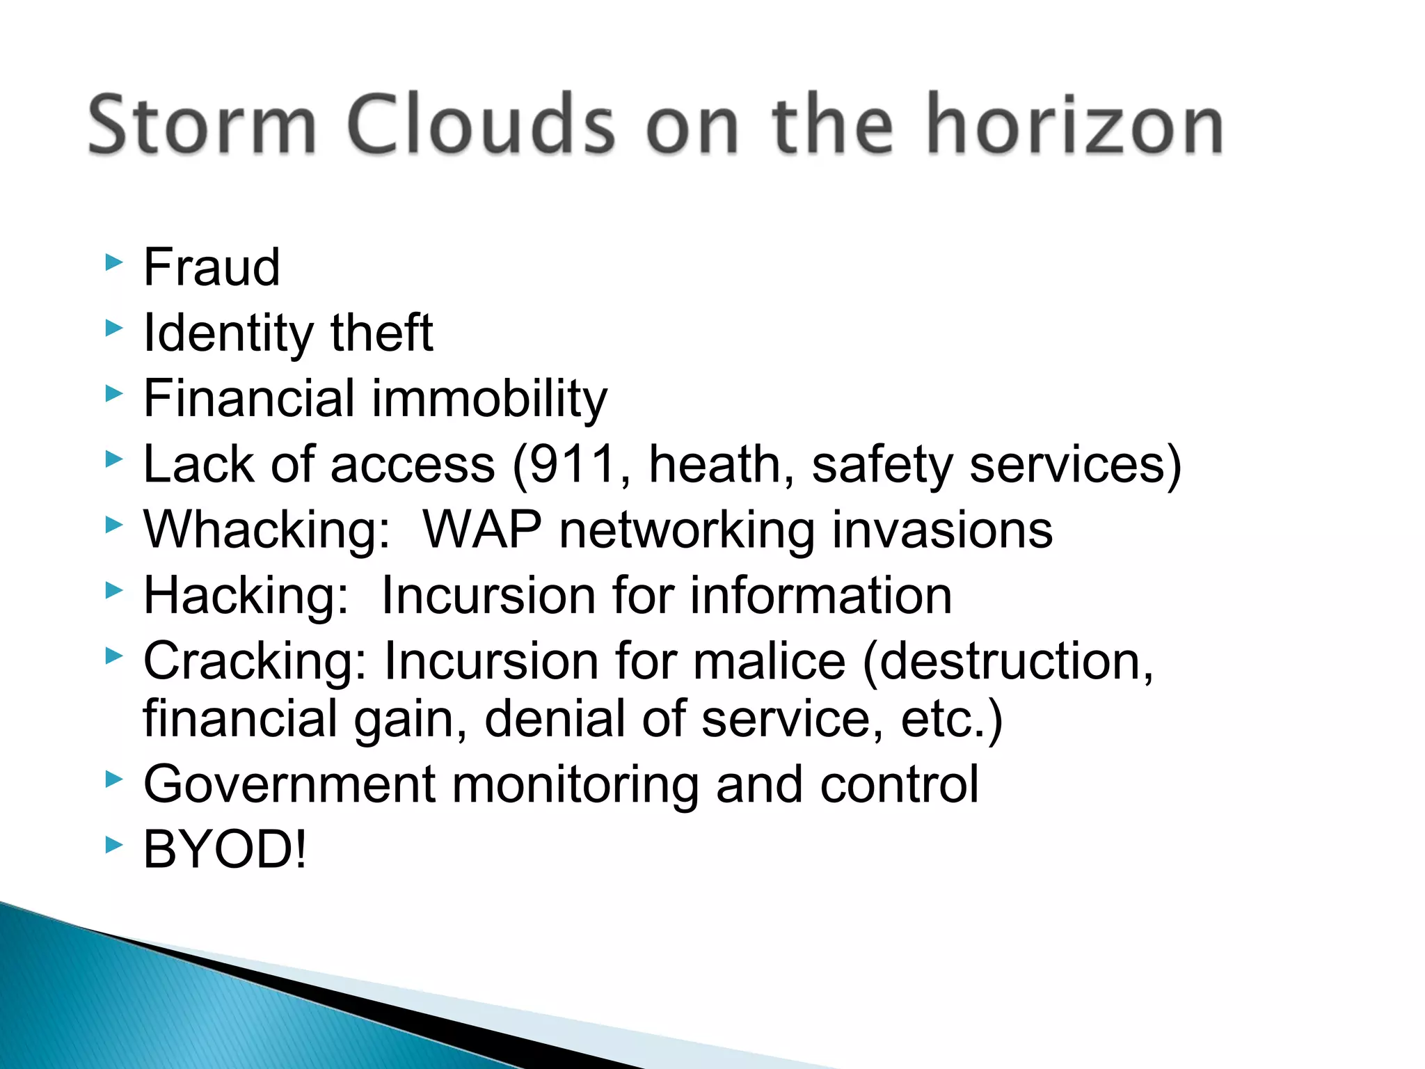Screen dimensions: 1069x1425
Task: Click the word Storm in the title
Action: point(202,125)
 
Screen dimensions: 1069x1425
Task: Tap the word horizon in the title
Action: point(1075,125)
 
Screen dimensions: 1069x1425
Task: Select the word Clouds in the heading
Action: point(480,125)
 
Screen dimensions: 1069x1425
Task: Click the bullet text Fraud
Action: point(212,267)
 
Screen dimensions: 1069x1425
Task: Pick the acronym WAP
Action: point(481,530)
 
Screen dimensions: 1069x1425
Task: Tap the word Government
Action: point(289,784)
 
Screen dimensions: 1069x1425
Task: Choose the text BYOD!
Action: point(224,850)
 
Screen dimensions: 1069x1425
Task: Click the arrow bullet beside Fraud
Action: point(113,262)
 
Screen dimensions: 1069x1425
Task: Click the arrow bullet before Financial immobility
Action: point(113,394)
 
